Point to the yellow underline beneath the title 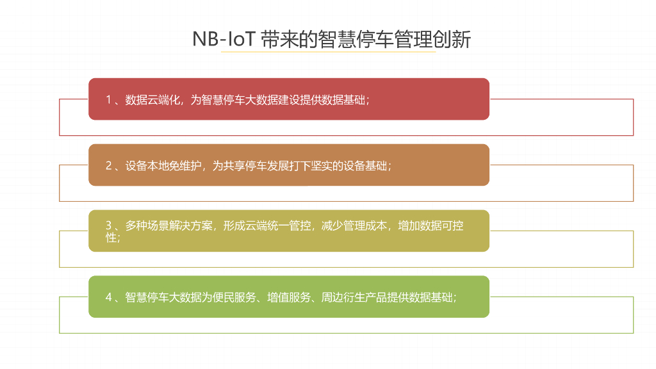point(328,52)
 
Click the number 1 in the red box point(109,99)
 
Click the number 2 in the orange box point(109,165)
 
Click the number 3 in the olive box point(109,225)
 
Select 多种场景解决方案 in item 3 point(168,225)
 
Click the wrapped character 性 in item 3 point(111,237)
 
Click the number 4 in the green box point(109,297)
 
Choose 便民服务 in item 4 point(234,297)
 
